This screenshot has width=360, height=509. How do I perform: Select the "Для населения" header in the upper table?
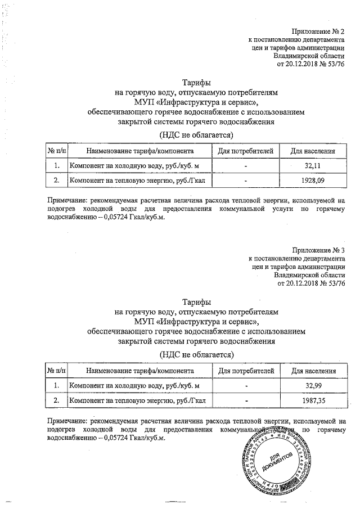click(313, 151)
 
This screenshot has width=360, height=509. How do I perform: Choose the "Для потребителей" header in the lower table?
click(246, 371)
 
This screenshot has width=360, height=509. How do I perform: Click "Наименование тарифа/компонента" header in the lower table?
click(140, 371)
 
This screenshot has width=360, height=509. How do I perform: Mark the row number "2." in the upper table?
click(56, 181)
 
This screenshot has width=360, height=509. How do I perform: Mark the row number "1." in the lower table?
click(56, 385)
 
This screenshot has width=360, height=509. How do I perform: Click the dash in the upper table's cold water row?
click(246, 166)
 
